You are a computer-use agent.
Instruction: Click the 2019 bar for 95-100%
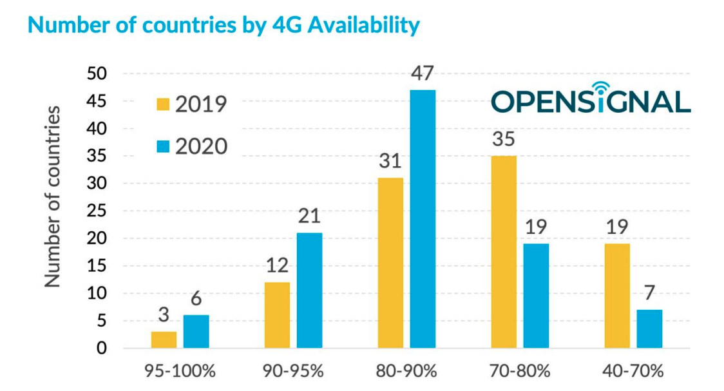pos(164,340)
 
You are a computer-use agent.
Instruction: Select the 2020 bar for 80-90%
pos(423,219)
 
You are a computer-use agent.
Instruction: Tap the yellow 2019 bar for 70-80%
pos(504,252)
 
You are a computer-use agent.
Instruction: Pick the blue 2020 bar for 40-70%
pos(649,329)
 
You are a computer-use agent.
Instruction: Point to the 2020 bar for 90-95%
pos(309,291)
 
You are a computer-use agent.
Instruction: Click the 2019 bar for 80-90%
pos(390,263)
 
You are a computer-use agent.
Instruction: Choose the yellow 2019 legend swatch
pos(163,104)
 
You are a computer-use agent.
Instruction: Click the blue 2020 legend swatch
pos(163,146)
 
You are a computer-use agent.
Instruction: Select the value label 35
pos(504,139)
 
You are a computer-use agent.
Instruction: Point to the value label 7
pos(649,293)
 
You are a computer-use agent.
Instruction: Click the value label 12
pos(277,266)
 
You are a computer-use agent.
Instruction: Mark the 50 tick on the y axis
pos(98,74)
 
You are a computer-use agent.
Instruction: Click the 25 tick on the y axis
pos(98,211)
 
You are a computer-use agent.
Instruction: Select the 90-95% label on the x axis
pos(293,372)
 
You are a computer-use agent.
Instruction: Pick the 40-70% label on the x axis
pos(633,372)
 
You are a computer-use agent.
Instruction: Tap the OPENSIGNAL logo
pos(590,100)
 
